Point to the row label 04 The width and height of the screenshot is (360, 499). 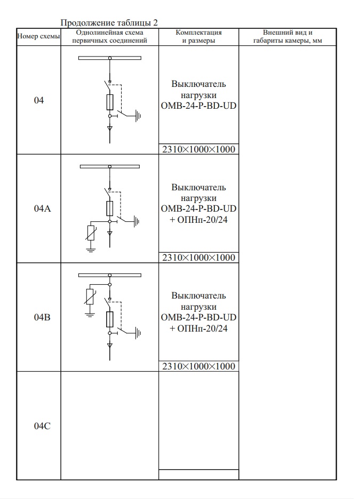point(38,100)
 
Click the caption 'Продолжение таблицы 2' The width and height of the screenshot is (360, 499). point(109,22)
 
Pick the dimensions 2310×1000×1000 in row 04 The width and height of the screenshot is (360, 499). point(198,149)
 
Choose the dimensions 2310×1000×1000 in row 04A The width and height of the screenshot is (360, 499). point(198,258)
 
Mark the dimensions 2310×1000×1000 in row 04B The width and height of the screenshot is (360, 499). point(198,366)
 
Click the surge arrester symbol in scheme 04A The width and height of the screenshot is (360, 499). point(91,234)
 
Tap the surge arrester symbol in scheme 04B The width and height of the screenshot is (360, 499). point(90,297)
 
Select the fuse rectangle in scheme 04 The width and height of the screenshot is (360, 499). point(110,101)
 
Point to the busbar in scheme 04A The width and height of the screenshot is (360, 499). point(109,166)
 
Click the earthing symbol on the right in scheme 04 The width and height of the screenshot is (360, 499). point(138,115)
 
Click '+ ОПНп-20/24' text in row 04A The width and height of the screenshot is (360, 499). point(198,220)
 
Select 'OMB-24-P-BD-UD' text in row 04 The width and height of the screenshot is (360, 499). point(198,106)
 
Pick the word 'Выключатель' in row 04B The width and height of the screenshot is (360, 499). point(198,296)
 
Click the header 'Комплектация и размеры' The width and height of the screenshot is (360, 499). point(198,37)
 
